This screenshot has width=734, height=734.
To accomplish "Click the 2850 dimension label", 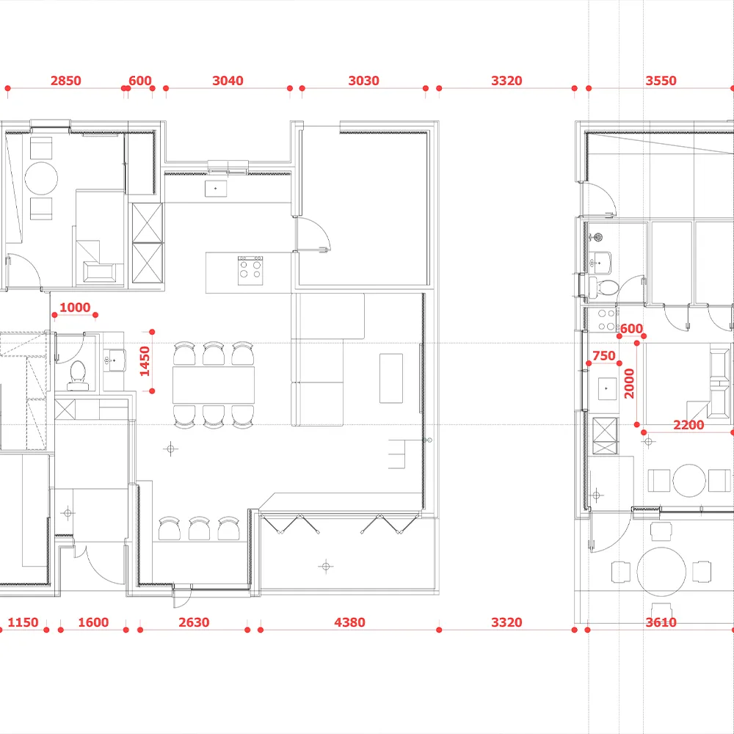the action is (x=65, y=81).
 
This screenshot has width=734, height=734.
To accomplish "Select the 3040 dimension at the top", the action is (x=228, y=81).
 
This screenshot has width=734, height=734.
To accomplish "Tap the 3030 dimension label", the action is (x=363, y=81).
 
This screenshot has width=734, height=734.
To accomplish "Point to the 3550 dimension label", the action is (x=661, y=81).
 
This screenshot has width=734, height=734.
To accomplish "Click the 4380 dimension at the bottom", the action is (x=349, y=622).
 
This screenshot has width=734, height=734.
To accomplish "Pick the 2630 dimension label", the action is (x=194, y=622).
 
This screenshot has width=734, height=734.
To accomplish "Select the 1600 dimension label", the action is (x=93, y=622).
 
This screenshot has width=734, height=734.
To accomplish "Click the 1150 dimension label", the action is (x=23, y=622).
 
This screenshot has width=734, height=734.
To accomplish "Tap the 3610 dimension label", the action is (x=661, y=622).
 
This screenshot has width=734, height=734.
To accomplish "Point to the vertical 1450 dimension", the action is (x=145, y=361).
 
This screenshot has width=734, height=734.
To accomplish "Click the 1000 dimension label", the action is (x=75, y=308).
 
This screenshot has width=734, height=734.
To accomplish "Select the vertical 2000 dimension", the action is (x=629, y=383).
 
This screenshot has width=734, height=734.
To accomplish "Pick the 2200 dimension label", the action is (x=688, y=425).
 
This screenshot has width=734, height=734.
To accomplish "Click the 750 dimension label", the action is (x=604, y=356).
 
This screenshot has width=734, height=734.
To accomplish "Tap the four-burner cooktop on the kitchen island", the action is (x=250, y=271).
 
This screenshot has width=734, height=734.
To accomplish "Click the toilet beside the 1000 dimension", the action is (x=77, y=375).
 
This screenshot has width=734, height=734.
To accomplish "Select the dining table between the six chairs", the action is (x=214, y=385).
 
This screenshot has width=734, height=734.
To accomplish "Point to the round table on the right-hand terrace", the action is (x=661, y=572).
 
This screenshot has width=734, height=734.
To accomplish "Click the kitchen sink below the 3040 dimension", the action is (x=216, y=189).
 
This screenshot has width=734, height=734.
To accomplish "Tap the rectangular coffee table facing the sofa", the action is (x=391, y=378).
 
